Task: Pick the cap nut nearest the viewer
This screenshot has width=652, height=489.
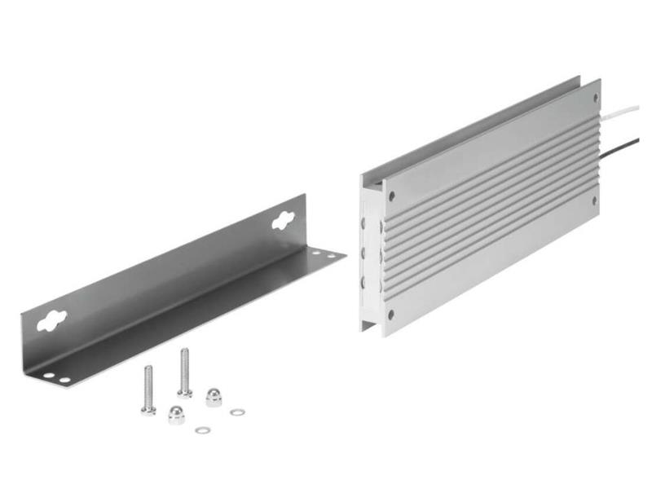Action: pos(177,415)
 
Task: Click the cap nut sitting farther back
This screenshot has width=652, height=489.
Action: pos(214,397)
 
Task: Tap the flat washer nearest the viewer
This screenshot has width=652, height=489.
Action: pos(202,430)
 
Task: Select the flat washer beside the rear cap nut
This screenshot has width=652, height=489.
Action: pos(237,412)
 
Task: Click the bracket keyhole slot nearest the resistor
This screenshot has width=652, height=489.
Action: pos(284,218)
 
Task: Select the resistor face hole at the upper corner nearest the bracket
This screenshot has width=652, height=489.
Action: pos(391,196)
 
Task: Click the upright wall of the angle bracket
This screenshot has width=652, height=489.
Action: pos(163,277)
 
